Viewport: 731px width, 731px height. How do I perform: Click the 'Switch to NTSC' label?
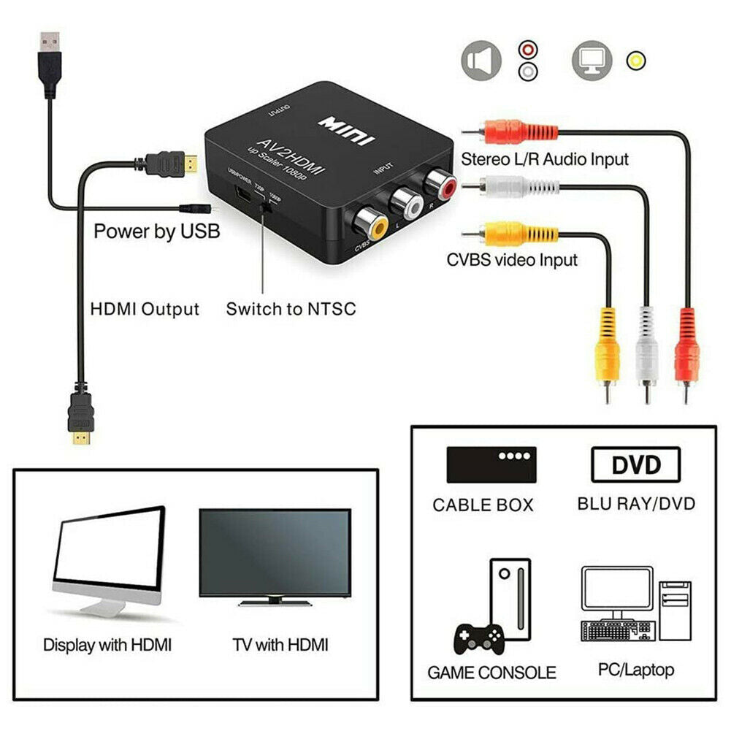pos(291,308)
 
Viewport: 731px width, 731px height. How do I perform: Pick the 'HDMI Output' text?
pos(145,308)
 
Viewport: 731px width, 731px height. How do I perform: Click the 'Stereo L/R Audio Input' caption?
pos(544,158)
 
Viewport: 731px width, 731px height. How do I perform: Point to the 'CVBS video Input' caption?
pos(512,259)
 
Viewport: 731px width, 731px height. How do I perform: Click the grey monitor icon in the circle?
pos(592,60)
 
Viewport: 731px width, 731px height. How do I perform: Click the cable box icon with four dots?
pos(491,464)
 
